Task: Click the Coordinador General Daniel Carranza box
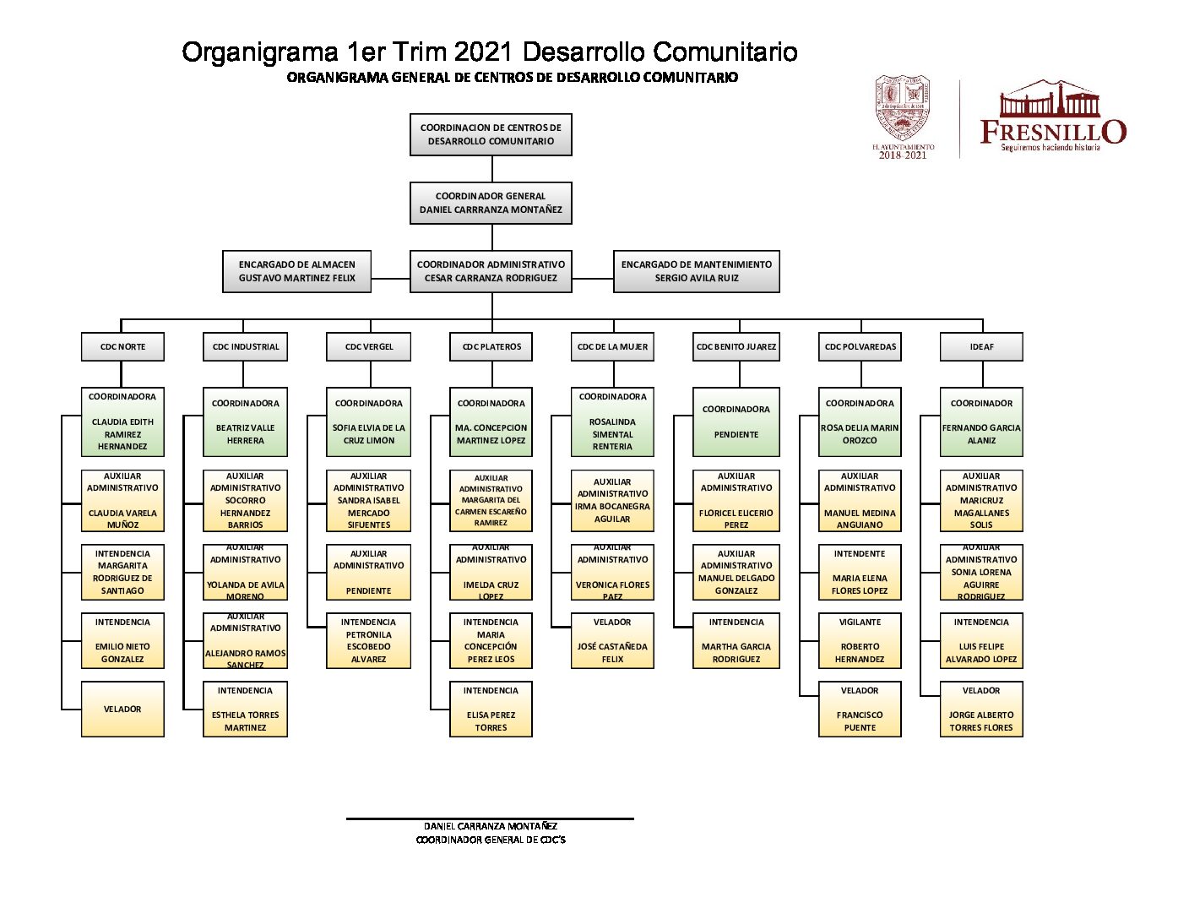coord(491,203)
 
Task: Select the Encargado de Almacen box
coord(296,271)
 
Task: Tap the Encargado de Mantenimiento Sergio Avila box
coord(696,271)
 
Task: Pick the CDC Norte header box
coord(122,346)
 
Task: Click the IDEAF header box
coord(981,346)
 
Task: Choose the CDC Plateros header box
coord(491,346)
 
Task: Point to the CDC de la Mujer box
coord(612,346)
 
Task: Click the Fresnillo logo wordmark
coord(1052,132)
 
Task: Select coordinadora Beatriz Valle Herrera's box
coord(245,421)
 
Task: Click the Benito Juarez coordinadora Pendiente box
coord(736,421)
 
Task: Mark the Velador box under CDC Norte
coord(122,710)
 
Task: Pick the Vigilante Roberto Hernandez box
coord(860,640)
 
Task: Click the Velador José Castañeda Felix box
coord(612,640)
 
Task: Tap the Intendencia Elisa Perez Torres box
coord(491,710)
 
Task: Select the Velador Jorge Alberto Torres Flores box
coord(981,710)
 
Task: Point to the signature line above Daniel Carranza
coord(490,818)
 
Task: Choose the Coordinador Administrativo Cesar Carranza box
coord(491,271)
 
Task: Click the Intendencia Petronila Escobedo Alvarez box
coord(368,640)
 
